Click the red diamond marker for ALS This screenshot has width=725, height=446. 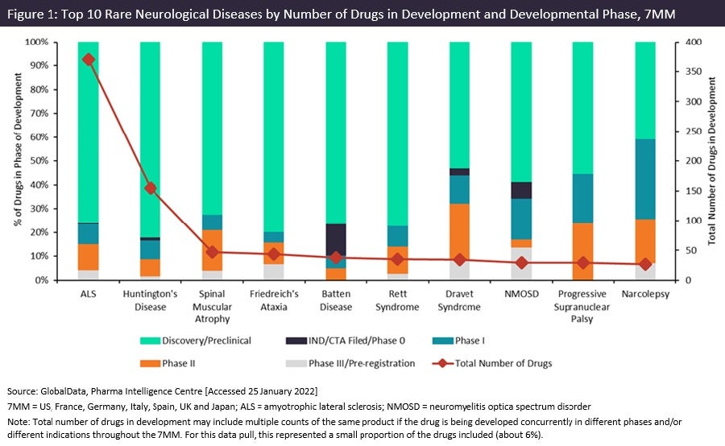[x=89, y=60]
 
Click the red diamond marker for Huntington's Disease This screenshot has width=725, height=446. [x=151, y=188]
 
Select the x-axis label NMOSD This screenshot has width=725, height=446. [x=522, y=295]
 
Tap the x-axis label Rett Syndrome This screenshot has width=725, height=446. [x=398, y=301]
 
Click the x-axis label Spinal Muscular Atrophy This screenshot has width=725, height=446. [x=213, y=307]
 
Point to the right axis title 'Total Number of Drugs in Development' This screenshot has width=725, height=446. [x=711, y=161]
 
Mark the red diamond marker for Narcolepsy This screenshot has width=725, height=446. [x=645, y=264]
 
